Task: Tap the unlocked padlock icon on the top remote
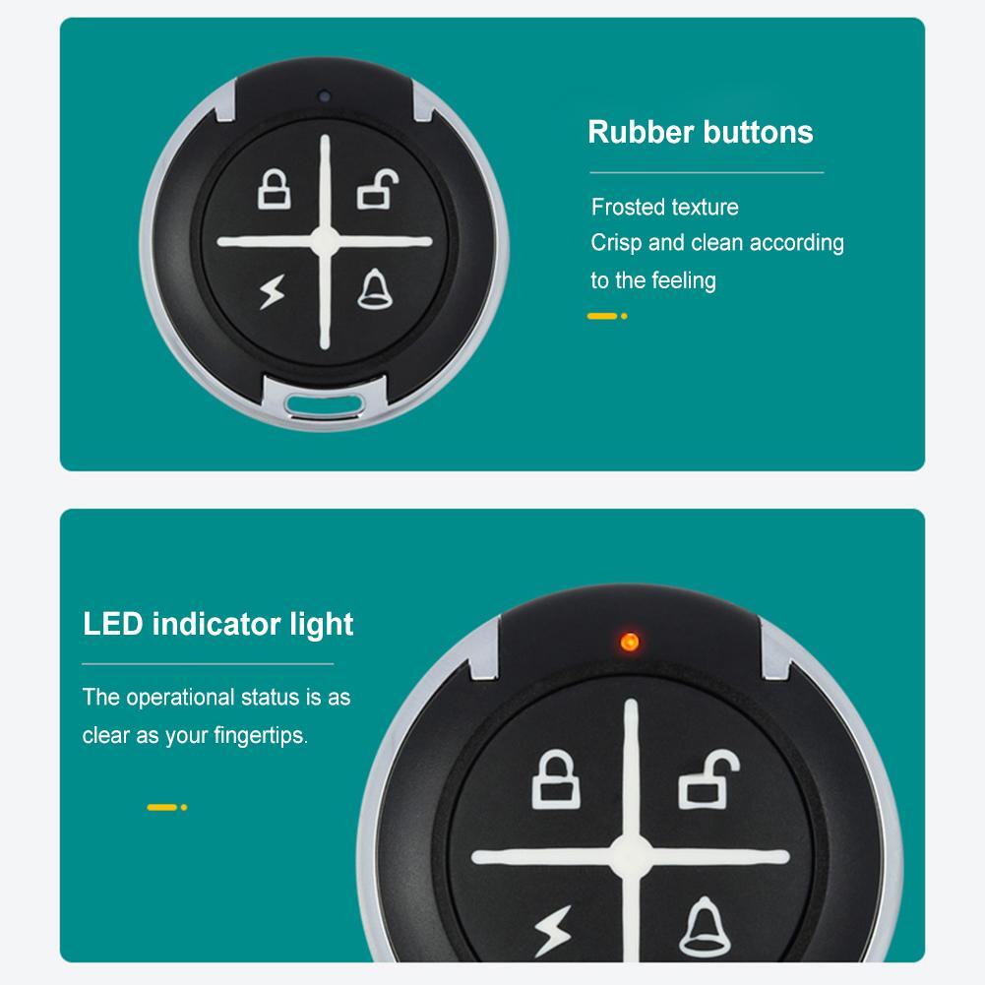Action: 374,190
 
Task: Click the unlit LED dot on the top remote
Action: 323,98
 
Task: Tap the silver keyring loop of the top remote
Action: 324,400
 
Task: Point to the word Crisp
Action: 615,243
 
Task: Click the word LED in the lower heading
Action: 112,624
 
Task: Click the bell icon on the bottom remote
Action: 701,925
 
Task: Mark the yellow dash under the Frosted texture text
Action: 601,316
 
